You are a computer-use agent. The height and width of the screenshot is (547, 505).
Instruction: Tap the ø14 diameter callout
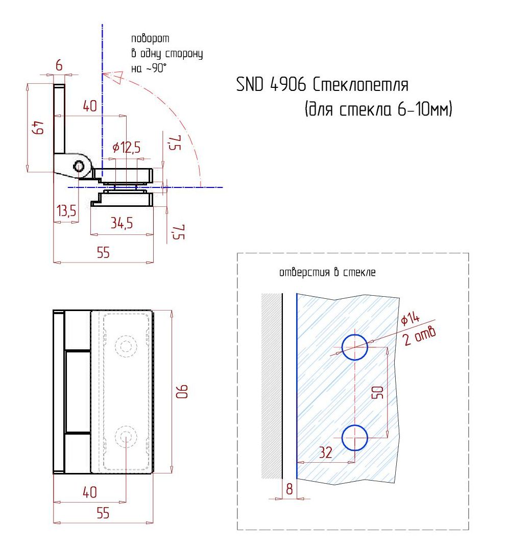coord(410,318)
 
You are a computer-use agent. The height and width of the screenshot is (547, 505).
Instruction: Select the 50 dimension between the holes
coord(378,392)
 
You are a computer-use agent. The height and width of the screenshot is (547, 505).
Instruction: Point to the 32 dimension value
coord(325,453)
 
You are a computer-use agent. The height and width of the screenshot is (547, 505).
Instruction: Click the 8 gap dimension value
coord(289,489)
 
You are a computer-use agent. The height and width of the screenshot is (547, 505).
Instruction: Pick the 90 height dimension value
coord(182,391)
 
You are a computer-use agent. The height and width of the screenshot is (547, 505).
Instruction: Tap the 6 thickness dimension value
coord(59,65)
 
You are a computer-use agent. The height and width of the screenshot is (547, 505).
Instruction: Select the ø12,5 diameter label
coord(126,148)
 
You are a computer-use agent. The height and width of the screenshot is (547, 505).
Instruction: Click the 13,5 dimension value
coord(66,211)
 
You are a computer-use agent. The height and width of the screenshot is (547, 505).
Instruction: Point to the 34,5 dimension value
coord(122,223)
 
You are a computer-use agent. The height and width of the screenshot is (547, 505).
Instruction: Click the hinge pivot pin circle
coord(79,166)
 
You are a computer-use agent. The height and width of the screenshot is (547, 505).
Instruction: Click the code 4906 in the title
coord(288,84)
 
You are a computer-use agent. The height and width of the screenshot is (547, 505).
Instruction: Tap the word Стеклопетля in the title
coord(360,84)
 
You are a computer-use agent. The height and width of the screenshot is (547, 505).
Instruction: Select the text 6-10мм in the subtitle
coord(423,109)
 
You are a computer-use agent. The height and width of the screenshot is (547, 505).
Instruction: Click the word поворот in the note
coord(150,38)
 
